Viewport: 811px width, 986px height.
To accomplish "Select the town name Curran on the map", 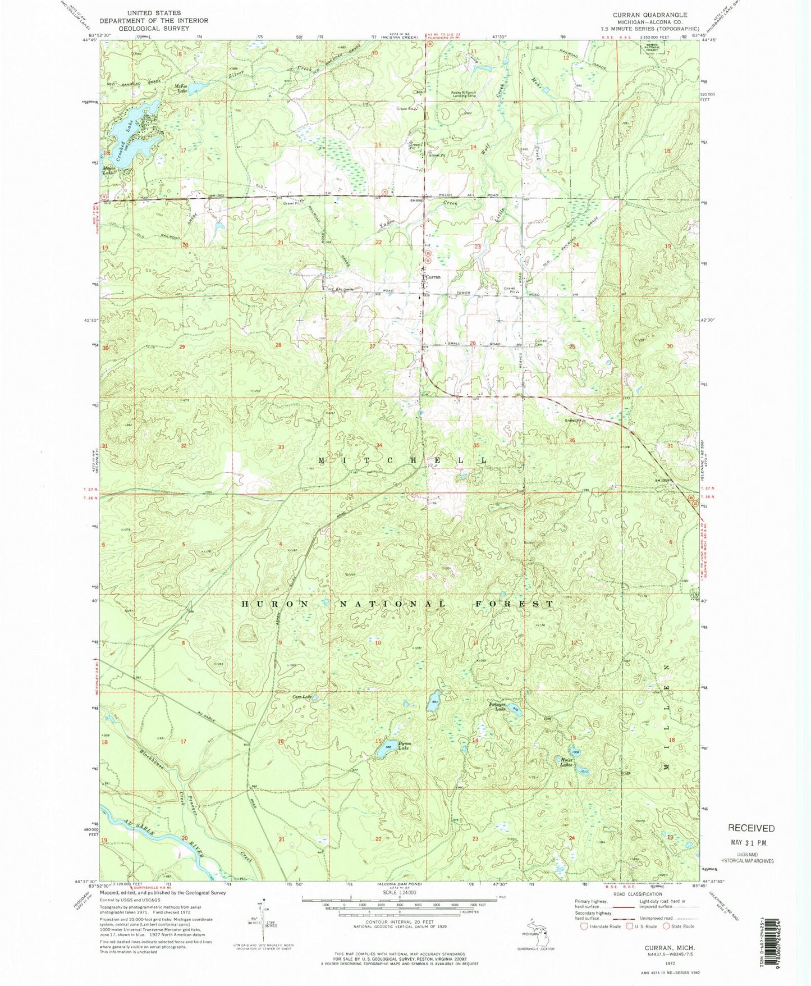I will (433, 277).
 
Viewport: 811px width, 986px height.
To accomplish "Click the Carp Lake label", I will (301, 697).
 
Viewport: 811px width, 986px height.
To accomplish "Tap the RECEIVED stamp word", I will (751, 828).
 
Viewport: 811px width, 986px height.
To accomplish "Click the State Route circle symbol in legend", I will (667, 926).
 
